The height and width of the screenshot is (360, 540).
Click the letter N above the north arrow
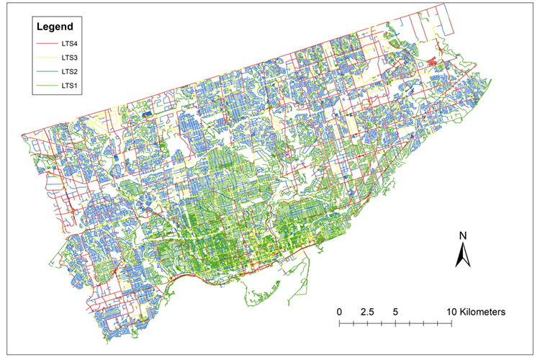(464, 235)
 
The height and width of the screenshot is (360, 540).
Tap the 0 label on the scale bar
(339, 312)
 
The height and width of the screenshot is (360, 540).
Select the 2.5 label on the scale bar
(366, 312)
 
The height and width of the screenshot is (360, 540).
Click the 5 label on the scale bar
(396, 312)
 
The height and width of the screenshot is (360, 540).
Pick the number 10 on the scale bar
(451, 312)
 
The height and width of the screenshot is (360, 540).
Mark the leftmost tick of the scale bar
(339, 323)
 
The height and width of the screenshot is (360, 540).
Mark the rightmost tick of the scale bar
(452, 323)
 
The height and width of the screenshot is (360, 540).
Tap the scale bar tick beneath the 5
(396, 323)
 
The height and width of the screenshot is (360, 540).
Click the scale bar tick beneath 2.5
(367, 323)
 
